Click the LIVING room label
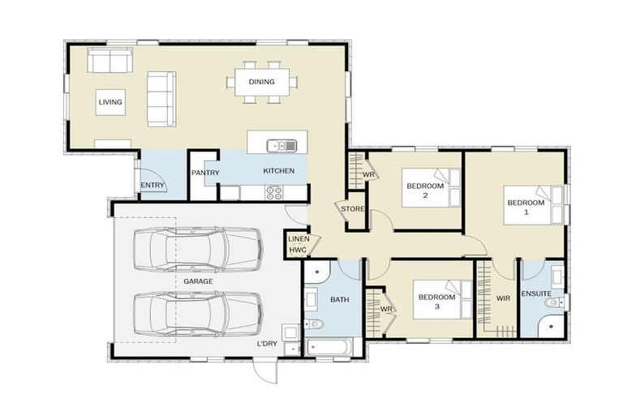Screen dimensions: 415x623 [x=110, y=103]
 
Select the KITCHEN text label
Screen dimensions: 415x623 [x=278, y=171]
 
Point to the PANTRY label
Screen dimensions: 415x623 [x=206, y=173]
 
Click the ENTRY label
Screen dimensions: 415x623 [x=153, y=186]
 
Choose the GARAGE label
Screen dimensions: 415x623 [x=198, y=280]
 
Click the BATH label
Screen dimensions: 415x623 [x=339, y=300]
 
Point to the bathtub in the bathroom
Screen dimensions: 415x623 [x=331, y=347]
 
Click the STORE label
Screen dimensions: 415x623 [x=353, y=209]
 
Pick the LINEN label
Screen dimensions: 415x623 [x=298, y=239]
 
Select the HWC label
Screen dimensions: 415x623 [x=298, y=250]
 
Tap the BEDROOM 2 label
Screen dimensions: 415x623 [x=425, y=190]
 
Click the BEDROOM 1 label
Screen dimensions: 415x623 [x=526, y=207]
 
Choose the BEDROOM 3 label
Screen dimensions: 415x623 [x=437, y=302]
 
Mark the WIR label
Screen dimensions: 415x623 [x=503, y=298]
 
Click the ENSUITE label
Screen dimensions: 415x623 [x=537, y=293]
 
